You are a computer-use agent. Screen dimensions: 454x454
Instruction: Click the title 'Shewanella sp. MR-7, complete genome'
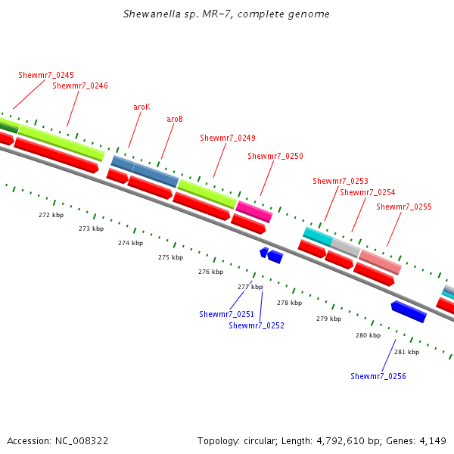point(226,14)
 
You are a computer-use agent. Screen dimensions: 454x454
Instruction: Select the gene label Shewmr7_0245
point(46,75)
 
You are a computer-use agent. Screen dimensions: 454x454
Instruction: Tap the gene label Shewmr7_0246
point(80,86)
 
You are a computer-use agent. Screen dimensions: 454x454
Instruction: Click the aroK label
point(141,107)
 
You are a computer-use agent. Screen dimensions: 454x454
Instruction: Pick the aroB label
point(175,119)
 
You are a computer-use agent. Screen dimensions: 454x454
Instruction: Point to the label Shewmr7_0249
point(228,138)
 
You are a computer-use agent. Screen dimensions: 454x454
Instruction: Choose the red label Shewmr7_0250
point(275,156)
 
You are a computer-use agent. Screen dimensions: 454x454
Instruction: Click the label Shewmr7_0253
point(340,181)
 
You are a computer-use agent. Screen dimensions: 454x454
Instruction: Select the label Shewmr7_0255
point(404,207)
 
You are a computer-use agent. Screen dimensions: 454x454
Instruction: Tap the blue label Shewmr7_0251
point(227,314)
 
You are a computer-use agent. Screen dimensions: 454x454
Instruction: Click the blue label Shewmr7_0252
point(257,325)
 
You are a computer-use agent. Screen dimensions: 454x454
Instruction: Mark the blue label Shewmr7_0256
point(378,376)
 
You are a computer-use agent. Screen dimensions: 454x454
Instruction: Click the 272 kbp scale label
point(51,215)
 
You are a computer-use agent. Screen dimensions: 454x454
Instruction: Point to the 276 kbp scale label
point(210,272)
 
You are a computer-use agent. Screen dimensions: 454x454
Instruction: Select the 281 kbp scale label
point(407,352)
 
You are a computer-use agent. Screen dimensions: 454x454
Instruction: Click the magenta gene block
point(253,211)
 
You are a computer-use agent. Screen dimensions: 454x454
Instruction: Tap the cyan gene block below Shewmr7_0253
point(318,236)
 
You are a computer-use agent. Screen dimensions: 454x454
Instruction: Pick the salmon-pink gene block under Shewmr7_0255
point(380,262)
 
